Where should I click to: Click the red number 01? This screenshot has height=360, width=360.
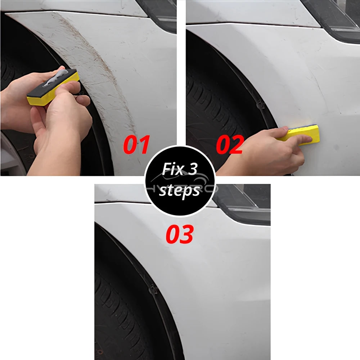pyautogui.click(x=136, y=145)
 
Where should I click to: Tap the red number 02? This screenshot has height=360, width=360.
pyautogui.click(x=229, y=145)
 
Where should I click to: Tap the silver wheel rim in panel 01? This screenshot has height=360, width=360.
pyautogui.click(x=11, y=155)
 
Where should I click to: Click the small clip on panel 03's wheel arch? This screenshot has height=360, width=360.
pyautogui.click(x=153, y=288)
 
